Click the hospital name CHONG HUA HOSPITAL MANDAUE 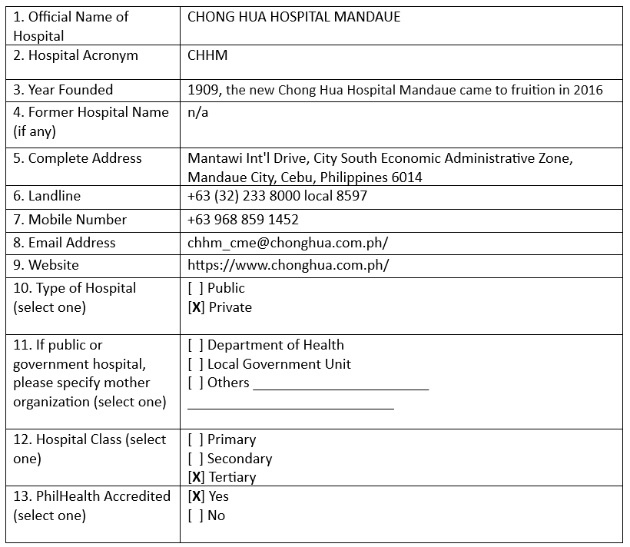[x=293, y=17]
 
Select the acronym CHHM [x=207, y=55]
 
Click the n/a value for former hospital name [x=197, y=112]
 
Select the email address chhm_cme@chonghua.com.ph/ [x=287, y=243]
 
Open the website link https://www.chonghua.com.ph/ [x=288, y=266]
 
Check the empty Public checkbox [x=195, y=289]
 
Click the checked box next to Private [x=195, y=307]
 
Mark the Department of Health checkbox [x=195, y=346]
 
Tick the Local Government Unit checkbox [x=195, y=364]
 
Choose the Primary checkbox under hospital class [x=195, y=440]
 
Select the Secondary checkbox [x=195, y=459]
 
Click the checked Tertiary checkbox [x=195, y=477]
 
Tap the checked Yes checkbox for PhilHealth [x=195, y=497]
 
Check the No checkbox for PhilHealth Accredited [x=195, y=516]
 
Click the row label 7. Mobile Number [x=70, y=220]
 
